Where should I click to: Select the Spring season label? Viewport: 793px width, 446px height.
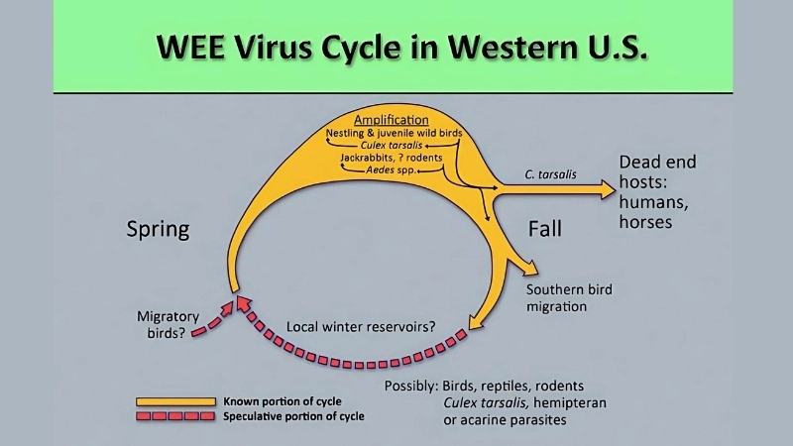[x=158, y=230]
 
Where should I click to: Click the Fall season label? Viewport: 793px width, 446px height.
[x=544, y=230]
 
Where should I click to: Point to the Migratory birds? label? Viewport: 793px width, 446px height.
[x=168, y=323]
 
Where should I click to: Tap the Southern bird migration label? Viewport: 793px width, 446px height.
[x=569, y=298]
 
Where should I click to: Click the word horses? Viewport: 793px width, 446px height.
[x=645, y=222]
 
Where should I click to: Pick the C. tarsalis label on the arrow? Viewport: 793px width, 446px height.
[x=550, y=175]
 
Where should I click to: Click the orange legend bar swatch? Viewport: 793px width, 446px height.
[x=174, y=400]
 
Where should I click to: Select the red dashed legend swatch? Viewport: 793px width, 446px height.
[x=174, y=416]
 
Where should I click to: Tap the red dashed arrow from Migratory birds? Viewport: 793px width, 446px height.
[x=213, y=319]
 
